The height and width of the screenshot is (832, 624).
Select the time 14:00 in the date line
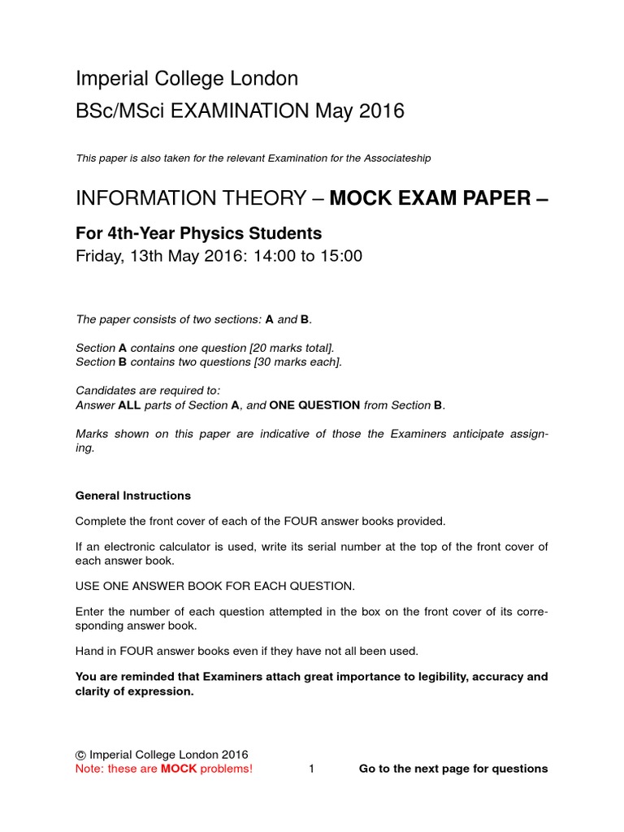[258, 257]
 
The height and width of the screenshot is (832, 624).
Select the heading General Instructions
[133, 495]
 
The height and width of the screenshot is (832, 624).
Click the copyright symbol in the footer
[80, 754]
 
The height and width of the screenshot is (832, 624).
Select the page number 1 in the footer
[312, 769]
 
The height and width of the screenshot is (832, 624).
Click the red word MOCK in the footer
[179, 769]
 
